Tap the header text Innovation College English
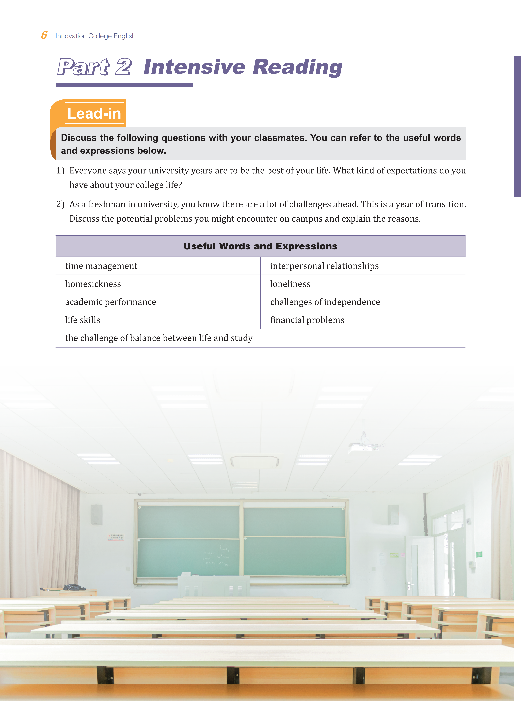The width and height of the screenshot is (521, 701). tap(95, 36)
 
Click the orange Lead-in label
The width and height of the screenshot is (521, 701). tap(94, 113)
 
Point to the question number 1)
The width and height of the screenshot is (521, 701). tap(60, 171)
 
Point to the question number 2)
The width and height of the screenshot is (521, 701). tap(60, 204)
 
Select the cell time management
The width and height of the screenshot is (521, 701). tap(101, 266)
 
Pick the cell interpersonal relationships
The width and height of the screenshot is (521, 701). tap(324, 266)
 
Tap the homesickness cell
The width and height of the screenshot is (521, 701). tap(93, 284)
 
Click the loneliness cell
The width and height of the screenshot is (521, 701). tap(290, 284)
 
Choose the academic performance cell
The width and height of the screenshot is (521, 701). tap(110, 302)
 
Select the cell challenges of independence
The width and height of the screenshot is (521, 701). tap(325, 302)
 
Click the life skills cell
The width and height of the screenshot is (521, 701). tap(83, 320)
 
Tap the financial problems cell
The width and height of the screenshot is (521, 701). tap(307, 320)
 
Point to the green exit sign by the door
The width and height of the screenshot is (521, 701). tap(479, 554)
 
